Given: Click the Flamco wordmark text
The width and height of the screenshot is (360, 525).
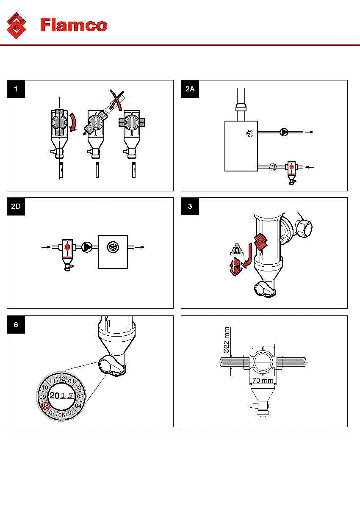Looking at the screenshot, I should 74,25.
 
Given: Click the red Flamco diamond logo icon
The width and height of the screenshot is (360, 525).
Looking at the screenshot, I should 17,25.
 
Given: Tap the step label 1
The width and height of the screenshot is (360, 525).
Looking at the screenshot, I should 16,89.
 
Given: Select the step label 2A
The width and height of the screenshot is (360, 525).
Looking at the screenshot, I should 190,89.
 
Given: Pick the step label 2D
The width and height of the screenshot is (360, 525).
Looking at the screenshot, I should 16,207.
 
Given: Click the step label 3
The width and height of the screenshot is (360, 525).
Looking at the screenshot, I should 190,207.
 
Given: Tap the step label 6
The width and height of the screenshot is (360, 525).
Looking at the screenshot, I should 16,324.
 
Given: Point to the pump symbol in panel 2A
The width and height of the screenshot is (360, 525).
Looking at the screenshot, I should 283,132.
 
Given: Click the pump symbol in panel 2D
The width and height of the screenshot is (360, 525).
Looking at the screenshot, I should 87,246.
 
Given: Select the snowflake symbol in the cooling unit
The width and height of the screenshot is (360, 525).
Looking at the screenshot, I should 113,246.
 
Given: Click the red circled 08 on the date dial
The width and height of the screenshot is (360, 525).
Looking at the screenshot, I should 45,406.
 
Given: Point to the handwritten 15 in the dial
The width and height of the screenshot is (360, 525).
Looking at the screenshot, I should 67,396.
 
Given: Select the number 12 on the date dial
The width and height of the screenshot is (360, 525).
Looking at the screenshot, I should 62,379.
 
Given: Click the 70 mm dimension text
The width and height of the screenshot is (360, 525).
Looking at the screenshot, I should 263,380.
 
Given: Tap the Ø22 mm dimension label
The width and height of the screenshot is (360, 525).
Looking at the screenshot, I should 226,340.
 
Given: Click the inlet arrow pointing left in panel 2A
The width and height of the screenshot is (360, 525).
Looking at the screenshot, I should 310,167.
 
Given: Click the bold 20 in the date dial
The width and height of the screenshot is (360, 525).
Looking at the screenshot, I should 54,396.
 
